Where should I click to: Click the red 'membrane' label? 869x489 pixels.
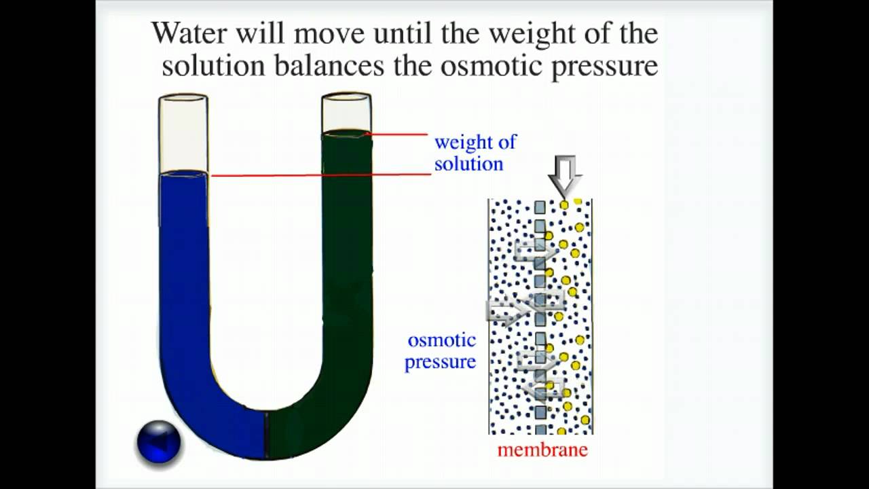point(542,450)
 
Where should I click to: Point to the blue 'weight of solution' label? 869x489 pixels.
point(475,153)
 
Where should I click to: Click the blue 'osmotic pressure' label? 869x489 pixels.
point(441,350)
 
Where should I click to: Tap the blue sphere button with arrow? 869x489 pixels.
point(159,442)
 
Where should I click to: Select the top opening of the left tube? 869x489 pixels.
point(183,99)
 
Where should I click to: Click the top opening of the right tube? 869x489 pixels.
point(346,97)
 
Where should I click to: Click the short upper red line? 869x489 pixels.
point(398,134)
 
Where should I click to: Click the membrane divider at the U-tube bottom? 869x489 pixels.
point(266,435)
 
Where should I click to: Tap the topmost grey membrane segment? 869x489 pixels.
point(540,206)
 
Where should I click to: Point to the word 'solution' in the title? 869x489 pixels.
point(212,66)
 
